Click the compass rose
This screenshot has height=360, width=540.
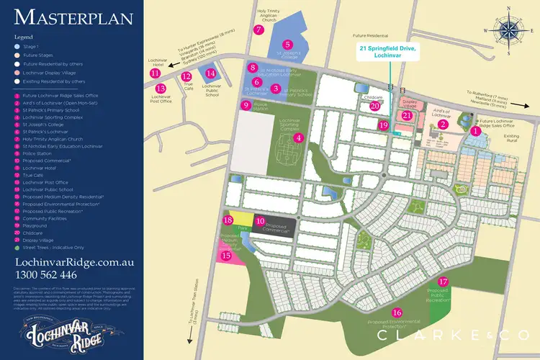pyautogui.click(x=510, y=30)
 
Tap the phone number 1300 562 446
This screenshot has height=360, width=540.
pyautogui.click(x=45, y=274)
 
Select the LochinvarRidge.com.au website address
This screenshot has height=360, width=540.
pyautogui.click(x=68, y=262)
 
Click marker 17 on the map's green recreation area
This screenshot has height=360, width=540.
pyautogui.click(x=444, y=282)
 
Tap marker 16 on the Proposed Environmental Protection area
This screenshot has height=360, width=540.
pyautogui.click(x=397, y=312)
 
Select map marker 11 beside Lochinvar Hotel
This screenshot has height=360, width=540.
pyautogui.click(x=155, y=73)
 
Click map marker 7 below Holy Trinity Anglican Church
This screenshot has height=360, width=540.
pyautogui.click(x=258, y=30)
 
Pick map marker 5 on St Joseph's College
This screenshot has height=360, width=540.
pyautogui.click(x=287, y=44)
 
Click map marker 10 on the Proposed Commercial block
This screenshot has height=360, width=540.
pyautogui.click(x=261, y=220)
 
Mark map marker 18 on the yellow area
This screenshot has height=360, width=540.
pyautogui.click(x=228, y=220)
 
